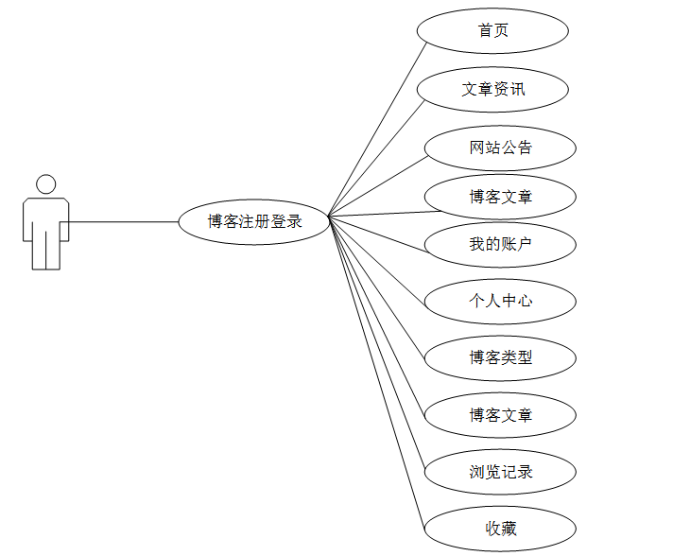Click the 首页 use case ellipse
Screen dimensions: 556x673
click(492, 30)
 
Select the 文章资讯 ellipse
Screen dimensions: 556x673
click(492, 90)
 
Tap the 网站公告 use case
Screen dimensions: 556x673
click(500, 148)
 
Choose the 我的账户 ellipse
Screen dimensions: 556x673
click(500, 245)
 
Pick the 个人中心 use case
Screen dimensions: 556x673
click(500, 302)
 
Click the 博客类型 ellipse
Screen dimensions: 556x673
click(500, 358)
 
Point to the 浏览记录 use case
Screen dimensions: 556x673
click(500, 472)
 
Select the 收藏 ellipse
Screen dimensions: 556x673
click(500, 529)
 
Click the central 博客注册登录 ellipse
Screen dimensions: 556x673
click(253, 222)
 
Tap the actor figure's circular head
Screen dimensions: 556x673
click(45, 184)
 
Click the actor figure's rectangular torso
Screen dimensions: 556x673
click(45, 222)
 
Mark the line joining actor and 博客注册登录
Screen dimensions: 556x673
click(123, 222)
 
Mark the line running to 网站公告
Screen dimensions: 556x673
click(378, 184)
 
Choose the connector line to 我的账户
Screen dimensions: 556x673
click(378, 232)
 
